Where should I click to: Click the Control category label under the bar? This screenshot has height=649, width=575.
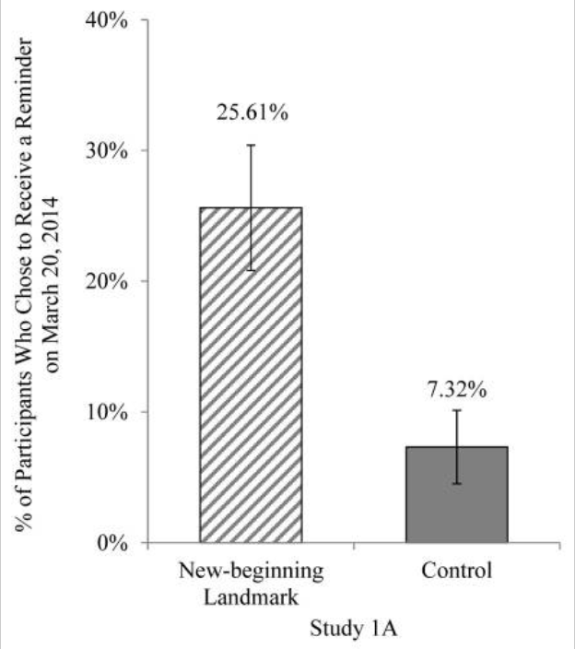(457, 571)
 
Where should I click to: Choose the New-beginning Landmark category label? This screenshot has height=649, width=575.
(251, 583)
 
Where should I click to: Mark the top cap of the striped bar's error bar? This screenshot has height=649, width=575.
(251, 145)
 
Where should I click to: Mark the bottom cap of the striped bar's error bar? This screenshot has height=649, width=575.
(251, 270)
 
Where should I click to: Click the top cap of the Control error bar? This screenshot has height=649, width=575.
(457, 409)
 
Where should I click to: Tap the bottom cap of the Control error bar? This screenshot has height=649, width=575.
(457, 484)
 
